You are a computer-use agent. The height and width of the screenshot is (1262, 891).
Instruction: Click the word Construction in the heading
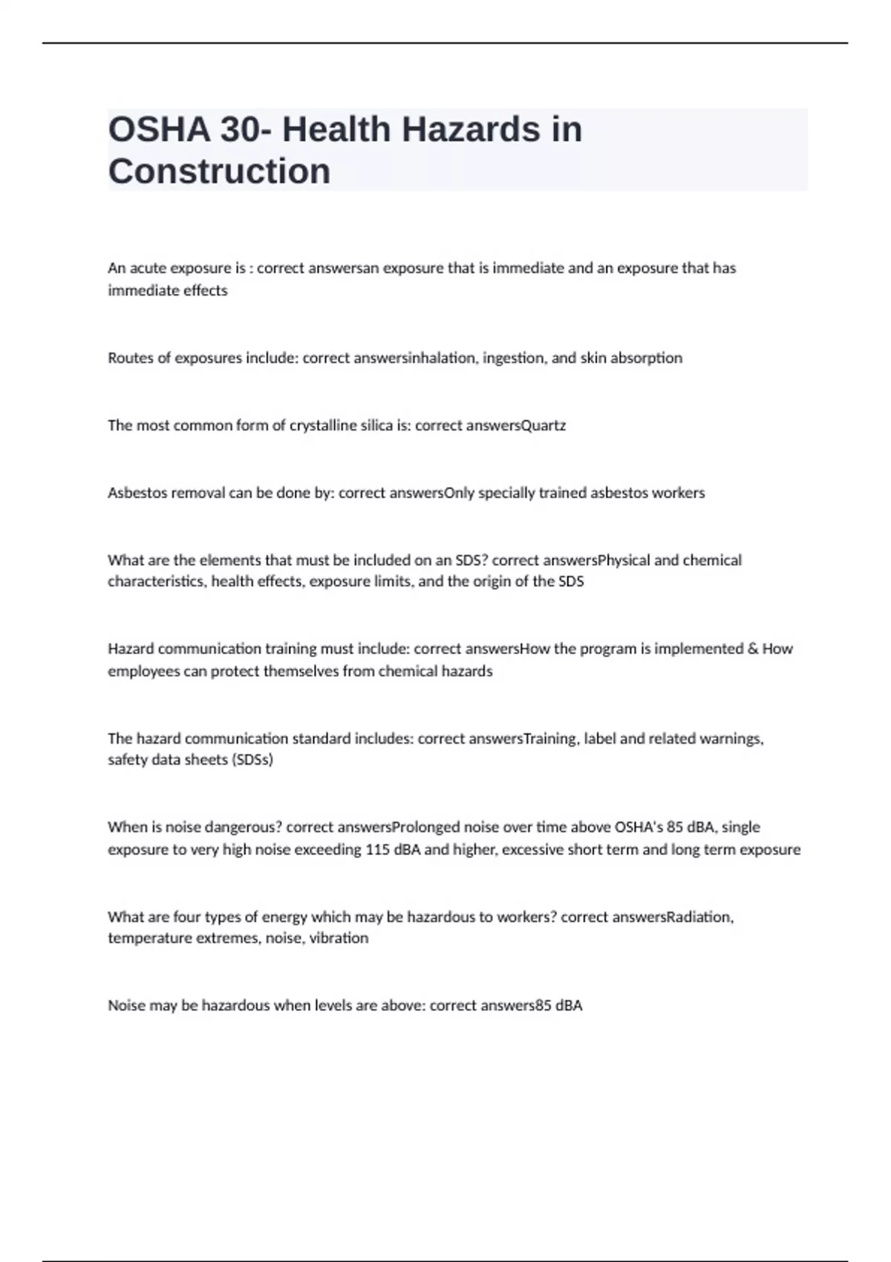click(x=219, y=171)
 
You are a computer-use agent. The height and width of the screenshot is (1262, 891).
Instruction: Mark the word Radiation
click(x=700, y=917)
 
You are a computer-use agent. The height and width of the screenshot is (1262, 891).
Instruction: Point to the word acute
click(x=146, y=268)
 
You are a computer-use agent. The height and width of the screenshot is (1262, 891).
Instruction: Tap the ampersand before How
click(x=753, y=649)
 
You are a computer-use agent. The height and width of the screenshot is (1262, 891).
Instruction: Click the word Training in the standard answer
click(x=550, y=739)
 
